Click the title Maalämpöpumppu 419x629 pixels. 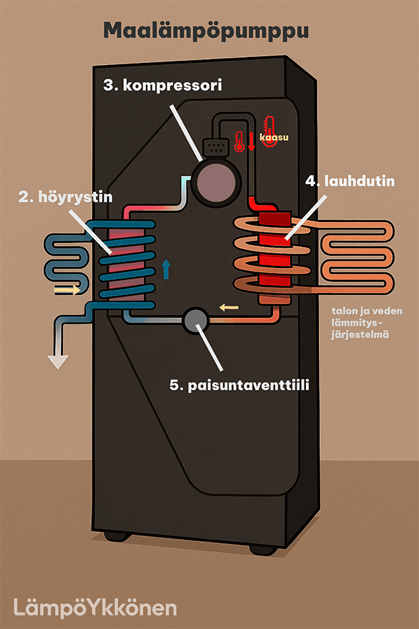206,31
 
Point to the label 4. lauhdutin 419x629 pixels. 350,181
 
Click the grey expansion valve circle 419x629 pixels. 194,320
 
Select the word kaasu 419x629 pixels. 274,138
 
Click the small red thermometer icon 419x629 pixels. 240,140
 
